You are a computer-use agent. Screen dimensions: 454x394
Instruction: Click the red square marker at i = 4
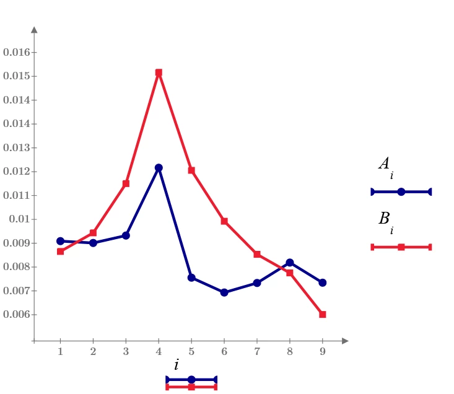pos(159,72)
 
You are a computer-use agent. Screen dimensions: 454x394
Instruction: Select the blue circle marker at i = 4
pos(159,168)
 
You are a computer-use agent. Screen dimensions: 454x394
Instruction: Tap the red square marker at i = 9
pos(323,314)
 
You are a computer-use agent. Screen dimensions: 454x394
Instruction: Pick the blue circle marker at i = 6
pos(224,292)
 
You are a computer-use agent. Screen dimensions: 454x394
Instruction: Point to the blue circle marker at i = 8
pos(289,263)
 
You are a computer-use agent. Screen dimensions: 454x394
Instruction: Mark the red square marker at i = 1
pos(60,252)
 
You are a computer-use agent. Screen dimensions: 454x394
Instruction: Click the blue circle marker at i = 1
pos(60,241)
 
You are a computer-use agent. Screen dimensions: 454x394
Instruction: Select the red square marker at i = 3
pos(126,183)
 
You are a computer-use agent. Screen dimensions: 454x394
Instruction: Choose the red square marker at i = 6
pos(224,221)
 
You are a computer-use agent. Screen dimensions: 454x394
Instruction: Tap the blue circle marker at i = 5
pos(191,278)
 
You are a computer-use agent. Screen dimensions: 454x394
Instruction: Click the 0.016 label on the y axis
pos(17,53)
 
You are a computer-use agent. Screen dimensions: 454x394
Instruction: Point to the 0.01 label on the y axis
pos(19,219)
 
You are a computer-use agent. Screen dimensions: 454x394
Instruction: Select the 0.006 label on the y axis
pos(17,314)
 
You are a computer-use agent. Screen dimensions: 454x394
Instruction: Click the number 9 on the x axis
pos(323,351)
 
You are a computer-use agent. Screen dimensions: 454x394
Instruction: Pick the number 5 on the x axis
pos(191,351)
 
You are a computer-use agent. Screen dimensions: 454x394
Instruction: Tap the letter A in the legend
pos(384,164)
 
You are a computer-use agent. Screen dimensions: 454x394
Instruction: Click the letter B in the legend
pos(384,218)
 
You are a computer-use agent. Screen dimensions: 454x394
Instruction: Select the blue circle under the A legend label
pos(401,191)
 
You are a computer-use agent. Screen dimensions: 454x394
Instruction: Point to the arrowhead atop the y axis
pos(34,30)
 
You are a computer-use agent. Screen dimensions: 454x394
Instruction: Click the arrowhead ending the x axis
pos(345,341)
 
